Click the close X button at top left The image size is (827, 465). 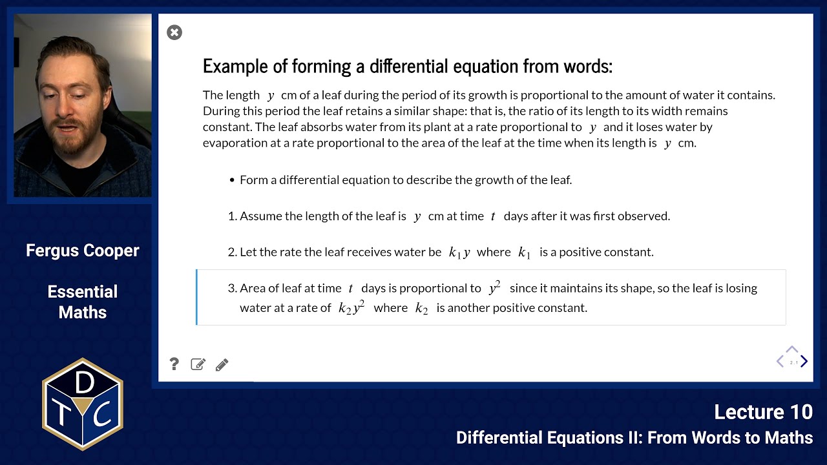[174, 32]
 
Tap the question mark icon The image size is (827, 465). [174, 364]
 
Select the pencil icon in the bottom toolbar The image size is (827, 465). [222, 365]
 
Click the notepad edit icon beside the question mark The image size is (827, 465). [198, 364]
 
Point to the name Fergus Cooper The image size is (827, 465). [83, 251]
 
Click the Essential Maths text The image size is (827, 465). [83, 302]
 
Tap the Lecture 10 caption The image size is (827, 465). [763, 412]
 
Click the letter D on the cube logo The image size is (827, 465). [84, 384]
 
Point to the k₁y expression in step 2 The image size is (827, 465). [459, 253]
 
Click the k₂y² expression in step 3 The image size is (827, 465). [352, 307]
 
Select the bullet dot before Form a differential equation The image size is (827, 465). [232, 180]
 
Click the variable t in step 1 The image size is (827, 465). [492, 216]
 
